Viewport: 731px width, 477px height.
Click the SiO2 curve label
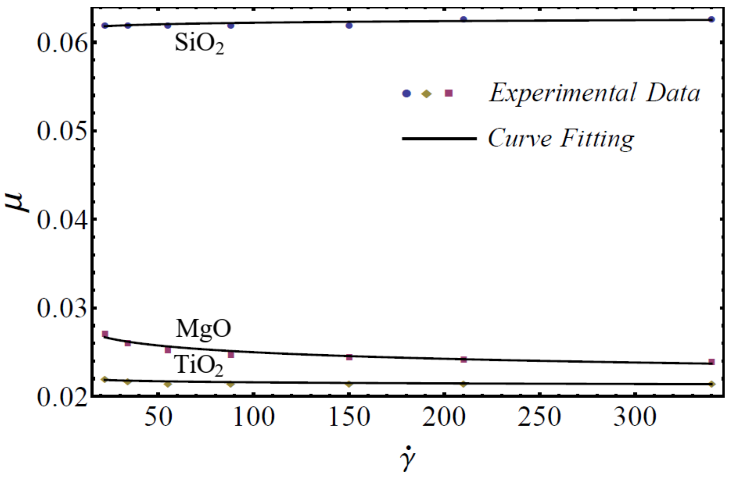(199, 44)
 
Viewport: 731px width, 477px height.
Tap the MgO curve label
(203, 329)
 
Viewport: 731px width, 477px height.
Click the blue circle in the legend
(407, 93)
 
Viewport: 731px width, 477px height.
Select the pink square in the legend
(448, 93)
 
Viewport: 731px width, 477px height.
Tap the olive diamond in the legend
(427, 93)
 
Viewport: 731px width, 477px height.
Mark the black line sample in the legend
(439, 139)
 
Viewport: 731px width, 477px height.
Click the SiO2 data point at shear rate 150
(349, 25)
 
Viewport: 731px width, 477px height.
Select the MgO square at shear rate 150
(349, 357)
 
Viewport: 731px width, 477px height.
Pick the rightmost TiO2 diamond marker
(711, 384)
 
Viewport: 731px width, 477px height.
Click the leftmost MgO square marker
(105, 334)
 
